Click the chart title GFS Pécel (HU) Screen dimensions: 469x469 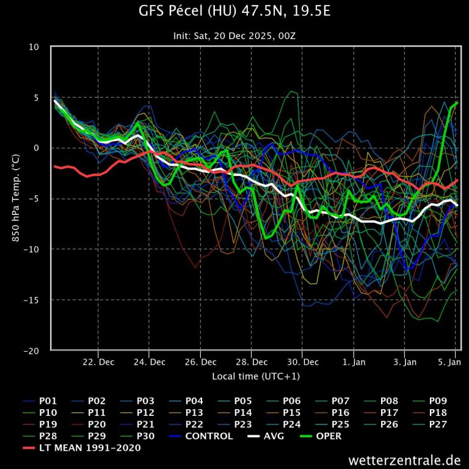pos(234,12)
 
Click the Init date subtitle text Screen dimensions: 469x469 pos(234,36)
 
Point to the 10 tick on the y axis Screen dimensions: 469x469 pos(34,47)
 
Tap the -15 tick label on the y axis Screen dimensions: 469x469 pos(31,300)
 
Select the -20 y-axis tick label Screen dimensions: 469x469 pos(31,351)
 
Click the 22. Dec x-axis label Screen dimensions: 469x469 pos(98,362)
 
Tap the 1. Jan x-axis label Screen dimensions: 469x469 pos(354,362)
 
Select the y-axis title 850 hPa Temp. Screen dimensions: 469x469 pos(16,198)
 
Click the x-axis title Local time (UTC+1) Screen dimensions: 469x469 pos(256,376)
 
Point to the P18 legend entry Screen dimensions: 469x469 pos(438,413)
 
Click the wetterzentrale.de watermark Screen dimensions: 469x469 pos(404,459)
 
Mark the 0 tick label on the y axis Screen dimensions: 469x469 pos(37,148)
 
